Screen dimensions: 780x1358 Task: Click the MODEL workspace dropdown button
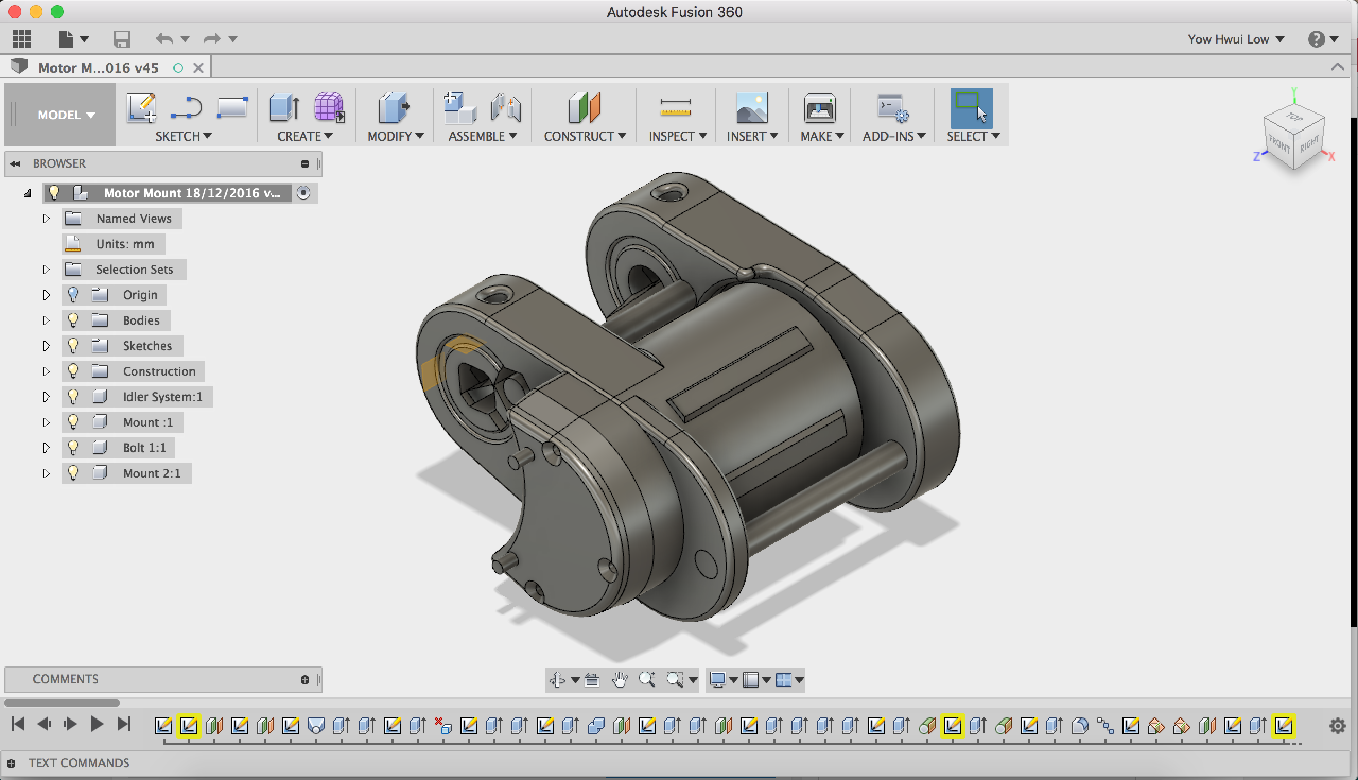click(x=65, y=115)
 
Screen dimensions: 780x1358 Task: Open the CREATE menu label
click(x=304, y=136)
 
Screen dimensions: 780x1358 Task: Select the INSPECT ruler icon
click(x=675, y=108)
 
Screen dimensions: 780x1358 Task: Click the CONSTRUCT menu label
click(x=584, y=136)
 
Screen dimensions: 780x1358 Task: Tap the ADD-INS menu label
click(x=893, y=136)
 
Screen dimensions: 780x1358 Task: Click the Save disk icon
click(x=121, y=39)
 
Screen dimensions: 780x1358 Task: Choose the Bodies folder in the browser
click(x=141, y=320)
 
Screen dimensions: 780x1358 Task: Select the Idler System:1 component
click(x=162, y=397)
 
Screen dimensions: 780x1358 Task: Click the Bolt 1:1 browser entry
click(x=144, y=448)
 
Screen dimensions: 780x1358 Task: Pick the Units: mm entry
click(x=125, y=244)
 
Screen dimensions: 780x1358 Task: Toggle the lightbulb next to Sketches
click(x=73, y=346)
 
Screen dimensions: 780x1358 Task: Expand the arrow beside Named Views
click(x=47, y=219)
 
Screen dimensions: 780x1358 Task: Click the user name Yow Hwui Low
click(x=1229, y=39)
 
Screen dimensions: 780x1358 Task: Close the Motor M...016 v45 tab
click(x=198, y=68)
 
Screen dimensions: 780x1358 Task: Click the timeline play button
click(x=97, y=724)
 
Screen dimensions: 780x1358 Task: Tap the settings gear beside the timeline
click(x=1337, y=726)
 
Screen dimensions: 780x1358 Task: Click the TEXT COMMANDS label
click(x=79, y=763)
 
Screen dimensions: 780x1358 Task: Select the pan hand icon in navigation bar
click(x=620, y=680)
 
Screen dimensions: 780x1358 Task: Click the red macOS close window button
click(x=14, y=11)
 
